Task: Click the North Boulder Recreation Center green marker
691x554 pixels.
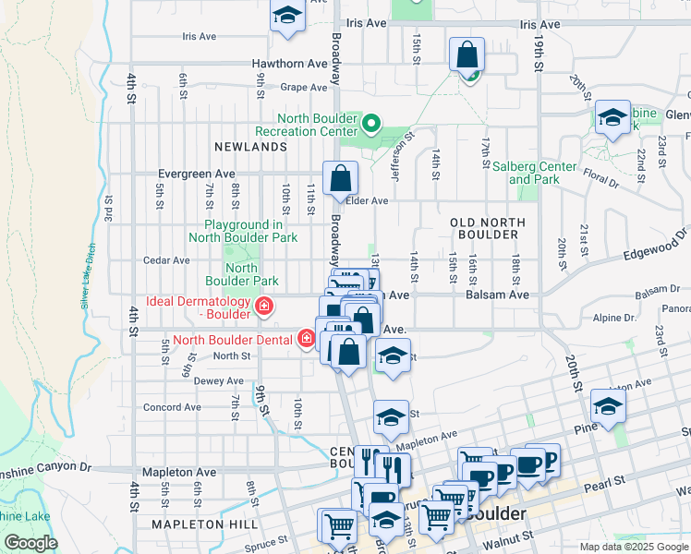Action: point(370,123)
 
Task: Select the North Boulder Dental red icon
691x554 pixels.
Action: point(307,340)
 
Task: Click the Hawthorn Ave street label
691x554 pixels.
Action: point(290,64)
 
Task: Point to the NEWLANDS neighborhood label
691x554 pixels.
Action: point(250,147)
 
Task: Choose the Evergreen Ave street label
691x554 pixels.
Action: point(197,174)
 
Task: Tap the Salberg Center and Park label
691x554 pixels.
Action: point(542,173)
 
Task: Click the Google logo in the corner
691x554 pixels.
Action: point(30,543)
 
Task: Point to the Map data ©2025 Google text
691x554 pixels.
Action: point(634,547)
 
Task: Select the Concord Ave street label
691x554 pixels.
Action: point(172,407)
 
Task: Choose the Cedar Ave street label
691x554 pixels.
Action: point(166,260)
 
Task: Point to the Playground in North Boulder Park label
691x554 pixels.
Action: point(243,231)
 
